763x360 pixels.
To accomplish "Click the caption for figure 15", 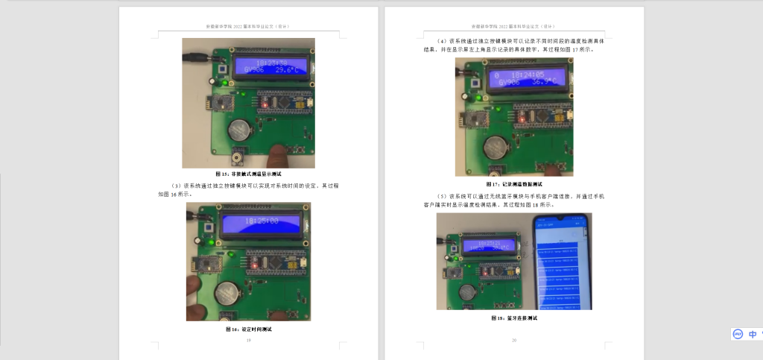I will tap(248, 174).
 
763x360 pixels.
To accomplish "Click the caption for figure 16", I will tap(248, 328).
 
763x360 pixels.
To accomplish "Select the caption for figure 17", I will tap(514, 183).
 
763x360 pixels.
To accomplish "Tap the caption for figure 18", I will tap(514, 318).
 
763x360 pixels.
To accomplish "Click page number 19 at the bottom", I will tap(248, 341).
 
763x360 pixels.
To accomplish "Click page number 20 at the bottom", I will tap(514, 341).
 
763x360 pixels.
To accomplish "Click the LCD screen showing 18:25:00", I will tap(262, 221).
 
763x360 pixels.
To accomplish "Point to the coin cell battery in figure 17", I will tap(497, 144).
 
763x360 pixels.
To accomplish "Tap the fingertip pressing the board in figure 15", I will tap(279, 154).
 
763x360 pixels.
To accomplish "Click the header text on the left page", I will tap(248, 26).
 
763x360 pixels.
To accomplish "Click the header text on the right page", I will tap(514, 26).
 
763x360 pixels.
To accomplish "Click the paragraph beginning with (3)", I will tap(248, 189).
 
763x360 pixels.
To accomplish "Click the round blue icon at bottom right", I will tap(737, 334).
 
